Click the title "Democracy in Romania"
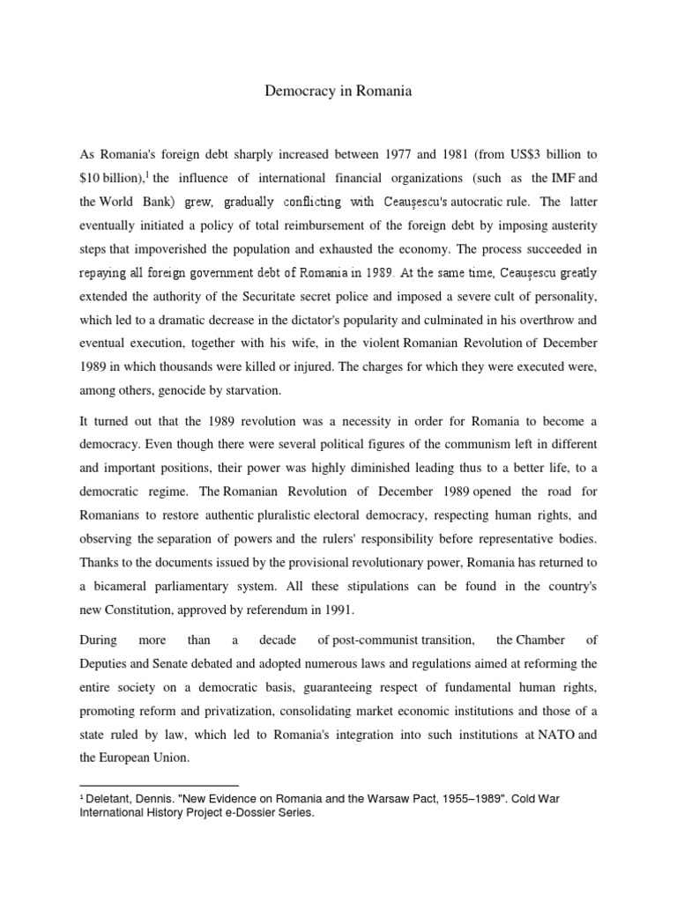[338, 91]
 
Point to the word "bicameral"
[123, 587]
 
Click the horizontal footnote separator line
[160, 784]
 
